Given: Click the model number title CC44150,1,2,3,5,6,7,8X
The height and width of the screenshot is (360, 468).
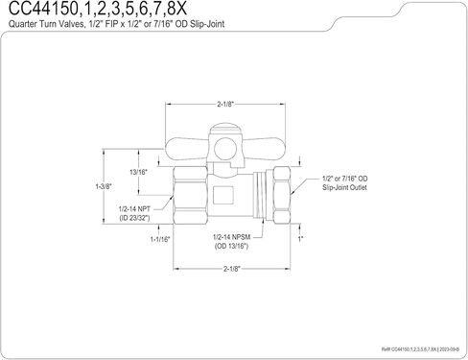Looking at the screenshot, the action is tap(98, 9).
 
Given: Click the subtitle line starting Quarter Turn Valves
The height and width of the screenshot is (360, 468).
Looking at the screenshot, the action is tap(117, 24).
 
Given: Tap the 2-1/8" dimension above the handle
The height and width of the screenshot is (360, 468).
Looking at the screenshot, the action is tap(225, 105).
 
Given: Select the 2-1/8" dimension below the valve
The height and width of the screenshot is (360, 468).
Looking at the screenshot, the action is tap(231, 269).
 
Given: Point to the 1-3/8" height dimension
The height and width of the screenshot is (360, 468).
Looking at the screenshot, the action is tap(104, 186).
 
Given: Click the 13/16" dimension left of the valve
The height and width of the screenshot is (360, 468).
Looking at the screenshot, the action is tap(138, 172).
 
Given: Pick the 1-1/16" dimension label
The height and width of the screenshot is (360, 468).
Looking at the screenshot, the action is tap(160, 239).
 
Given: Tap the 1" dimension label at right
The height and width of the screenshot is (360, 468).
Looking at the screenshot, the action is tap(300, 239).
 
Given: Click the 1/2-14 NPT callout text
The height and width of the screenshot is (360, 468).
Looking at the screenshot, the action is tap(134, 209).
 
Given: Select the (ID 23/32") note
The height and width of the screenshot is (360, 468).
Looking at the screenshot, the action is tap(134, 218).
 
